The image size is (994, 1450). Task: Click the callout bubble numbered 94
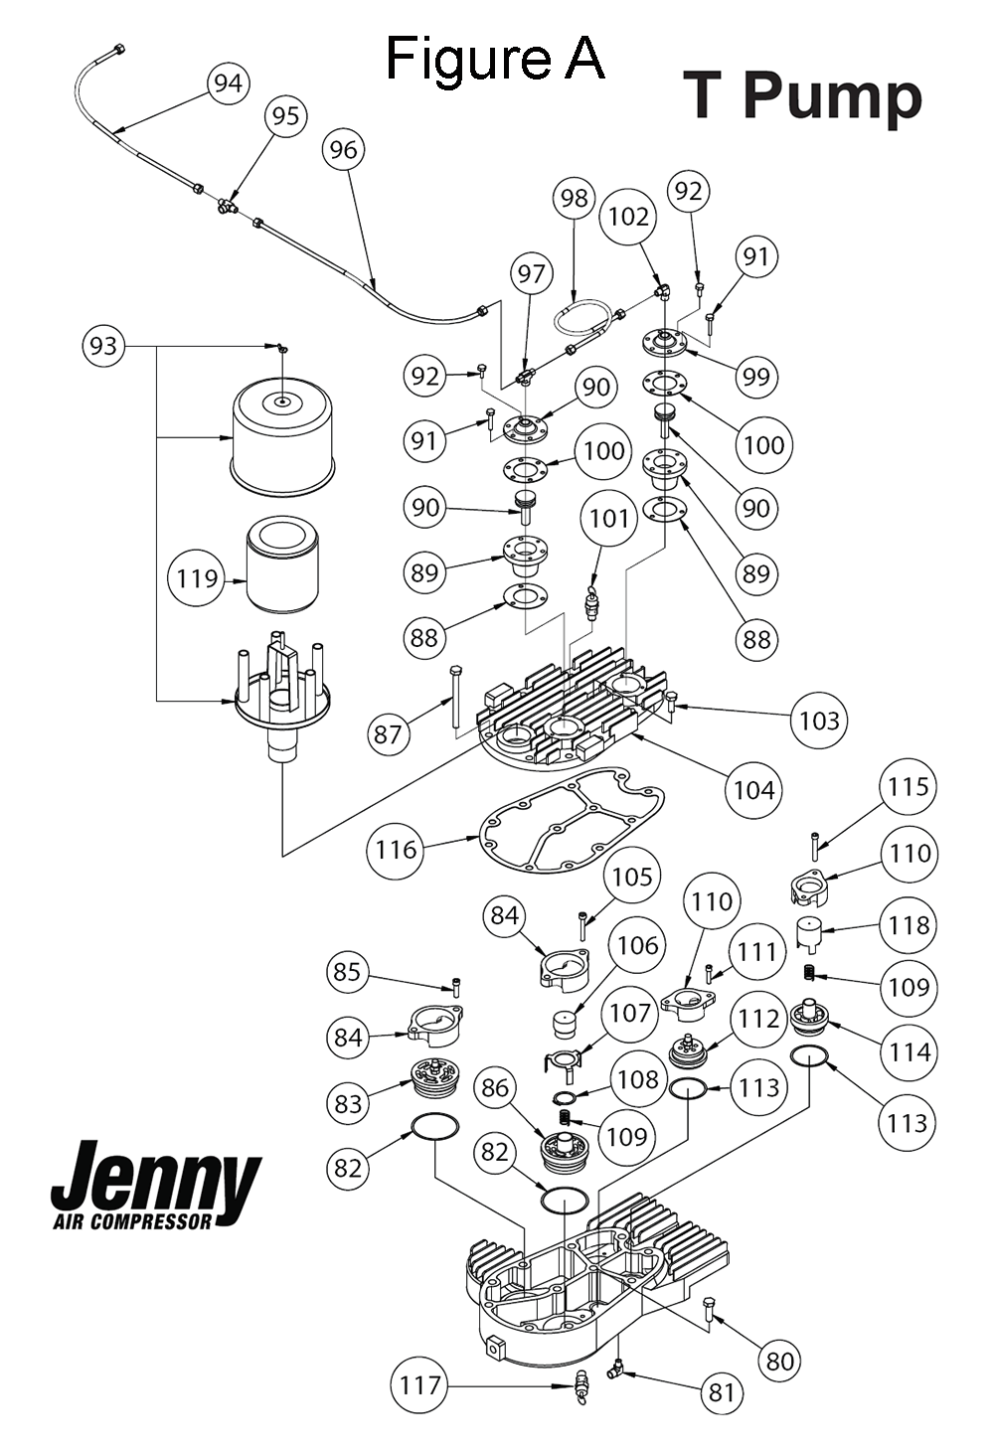(x=229, y=83)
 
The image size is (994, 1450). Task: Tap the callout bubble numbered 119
(x=197, y=578)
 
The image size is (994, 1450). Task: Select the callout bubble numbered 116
(x=396, y=850)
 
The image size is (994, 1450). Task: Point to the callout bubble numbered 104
(x=754, y=790)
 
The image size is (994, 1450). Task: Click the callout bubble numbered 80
(x=779, y=1361)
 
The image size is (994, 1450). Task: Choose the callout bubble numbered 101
(x=609, y=519)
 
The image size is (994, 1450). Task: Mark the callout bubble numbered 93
(x=103, y=347)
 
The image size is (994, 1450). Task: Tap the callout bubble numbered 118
(x=908, y=925)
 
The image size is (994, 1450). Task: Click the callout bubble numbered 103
(x=819, y=721)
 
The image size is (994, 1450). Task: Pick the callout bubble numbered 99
(x=756, y=377)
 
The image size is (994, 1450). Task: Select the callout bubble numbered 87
(x=388, y=734)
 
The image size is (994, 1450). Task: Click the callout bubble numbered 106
(x=638, y=946)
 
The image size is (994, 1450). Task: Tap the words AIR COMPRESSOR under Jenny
(x=133, y=1222)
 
